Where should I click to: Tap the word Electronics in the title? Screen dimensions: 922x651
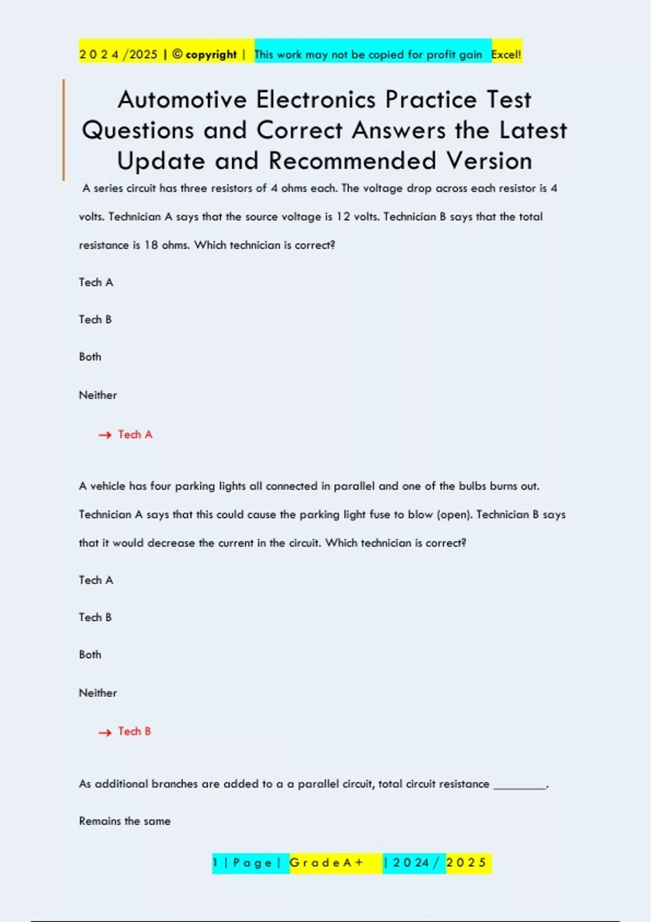(x=316, y=100)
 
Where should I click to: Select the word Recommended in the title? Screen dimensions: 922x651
(x=353, y=161)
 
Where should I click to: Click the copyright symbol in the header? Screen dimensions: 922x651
(x=177, y=54)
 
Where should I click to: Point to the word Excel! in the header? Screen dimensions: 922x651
(x=506, y=54)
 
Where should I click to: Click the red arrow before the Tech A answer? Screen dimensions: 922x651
(x=105, y=435)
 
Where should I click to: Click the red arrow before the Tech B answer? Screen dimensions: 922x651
(x=105, y=732)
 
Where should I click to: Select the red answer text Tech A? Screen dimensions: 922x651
(x=136, y=434)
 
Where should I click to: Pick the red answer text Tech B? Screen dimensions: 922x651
(x=135, y=731)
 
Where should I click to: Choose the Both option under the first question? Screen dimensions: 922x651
(x=90, y=357)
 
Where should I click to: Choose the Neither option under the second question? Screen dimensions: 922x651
(x=98, y=693)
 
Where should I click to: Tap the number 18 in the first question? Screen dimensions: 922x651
(x=151, y=245)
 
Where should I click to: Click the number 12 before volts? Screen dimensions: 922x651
(x=343, y=217)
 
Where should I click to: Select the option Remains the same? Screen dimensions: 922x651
(x=125, y=821)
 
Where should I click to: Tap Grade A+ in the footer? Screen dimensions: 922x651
(x=326, y=863)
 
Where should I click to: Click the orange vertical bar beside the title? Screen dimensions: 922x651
(x=63, y=130)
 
